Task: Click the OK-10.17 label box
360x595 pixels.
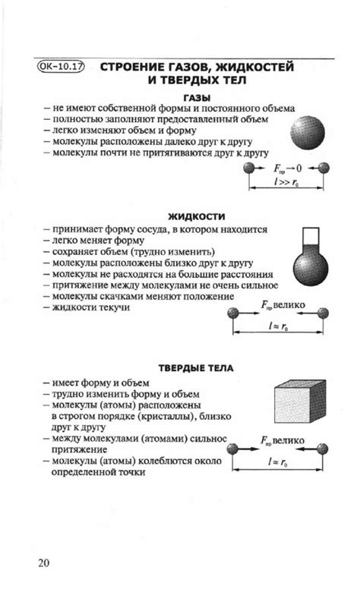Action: (x=62, y=67)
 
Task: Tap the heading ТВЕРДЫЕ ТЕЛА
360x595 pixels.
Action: (x=196, y=370)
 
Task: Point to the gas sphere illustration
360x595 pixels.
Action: (x=308, y=131)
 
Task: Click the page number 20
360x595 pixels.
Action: (x=44, y=563)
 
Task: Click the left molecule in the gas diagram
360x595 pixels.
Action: (x=248, y=168)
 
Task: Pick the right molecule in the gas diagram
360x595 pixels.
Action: (x=324, y=168)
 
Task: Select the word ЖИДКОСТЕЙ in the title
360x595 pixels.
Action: (x=251, y=67)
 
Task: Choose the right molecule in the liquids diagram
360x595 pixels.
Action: (x=324, y=312)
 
